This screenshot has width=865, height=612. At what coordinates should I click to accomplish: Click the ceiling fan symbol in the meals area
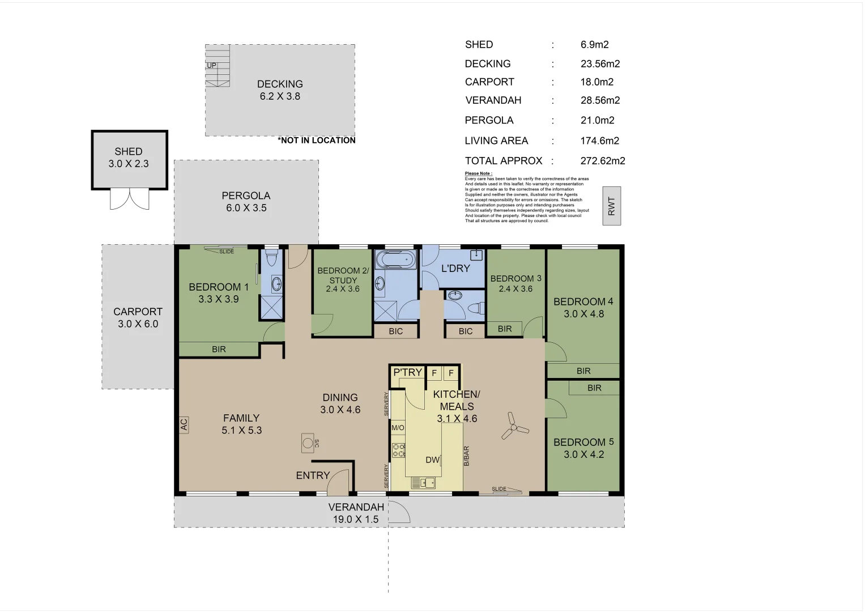[x=514, y=426]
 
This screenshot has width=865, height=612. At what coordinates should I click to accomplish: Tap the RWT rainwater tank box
[x=611, y=206]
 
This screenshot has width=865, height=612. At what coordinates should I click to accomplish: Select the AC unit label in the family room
[x=184, y=424]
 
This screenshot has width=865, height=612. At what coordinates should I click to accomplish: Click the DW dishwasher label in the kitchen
[x=433, y=460]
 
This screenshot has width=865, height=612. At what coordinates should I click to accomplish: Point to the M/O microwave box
[x=398, y=427]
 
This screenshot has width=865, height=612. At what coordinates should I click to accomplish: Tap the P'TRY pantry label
[x=407, y=372]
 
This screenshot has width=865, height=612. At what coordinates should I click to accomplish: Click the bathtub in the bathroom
[x=396, y=261]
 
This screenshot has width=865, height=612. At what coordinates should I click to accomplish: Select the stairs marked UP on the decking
[x=218, y=66]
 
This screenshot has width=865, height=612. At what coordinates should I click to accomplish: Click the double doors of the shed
[x=130, y=199]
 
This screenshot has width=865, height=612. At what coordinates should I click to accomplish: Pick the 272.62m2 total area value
[x=603, y=161]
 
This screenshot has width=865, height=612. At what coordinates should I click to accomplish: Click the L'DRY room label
[x=455, y=268]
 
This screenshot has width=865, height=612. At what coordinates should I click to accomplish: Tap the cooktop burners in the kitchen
[x=398, y=450]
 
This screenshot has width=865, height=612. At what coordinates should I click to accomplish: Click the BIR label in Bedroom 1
[x=219, y=350]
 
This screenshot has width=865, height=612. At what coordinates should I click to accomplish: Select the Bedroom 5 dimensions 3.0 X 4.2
[x=583, y=454]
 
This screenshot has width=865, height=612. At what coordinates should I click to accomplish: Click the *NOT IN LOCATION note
[x=317, y=141]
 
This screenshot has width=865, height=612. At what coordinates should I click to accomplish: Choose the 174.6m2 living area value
[x=599, y=141]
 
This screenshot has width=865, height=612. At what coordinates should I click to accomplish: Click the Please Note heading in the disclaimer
[x=478, y=173]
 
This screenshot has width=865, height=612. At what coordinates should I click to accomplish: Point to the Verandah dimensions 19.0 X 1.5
[x=355, y=520]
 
